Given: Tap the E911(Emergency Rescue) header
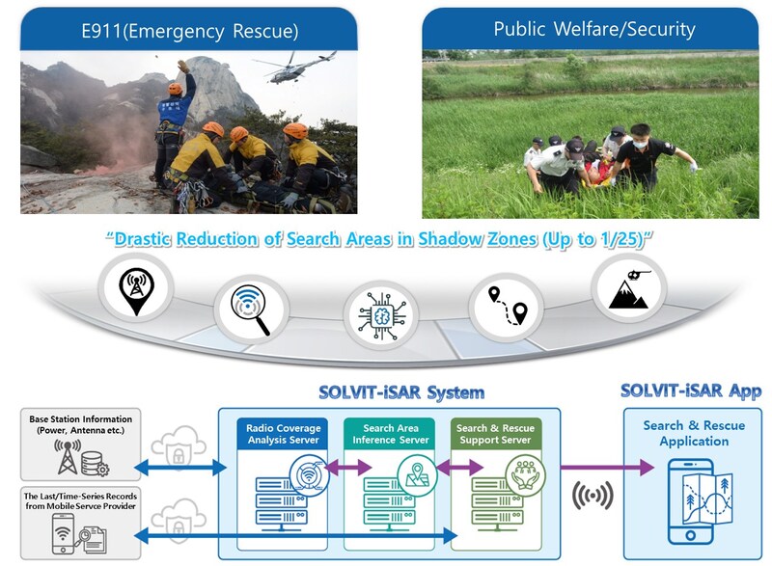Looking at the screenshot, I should click(x=189, y=31).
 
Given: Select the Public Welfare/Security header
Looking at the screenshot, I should click(x=593, y=29).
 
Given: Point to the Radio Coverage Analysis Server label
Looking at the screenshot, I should click(x=281, y=434).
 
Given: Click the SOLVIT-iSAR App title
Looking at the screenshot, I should click(x=691, y=391).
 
